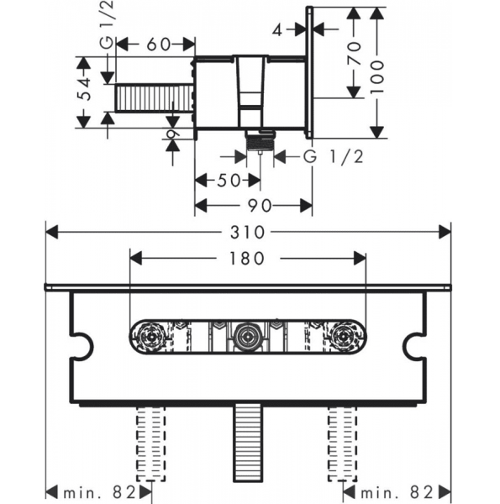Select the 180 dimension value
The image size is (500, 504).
247,259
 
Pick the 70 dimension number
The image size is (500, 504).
354,53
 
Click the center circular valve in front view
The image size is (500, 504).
246,339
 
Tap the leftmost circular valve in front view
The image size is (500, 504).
151,339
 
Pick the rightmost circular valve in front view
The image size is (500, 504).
342,339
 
